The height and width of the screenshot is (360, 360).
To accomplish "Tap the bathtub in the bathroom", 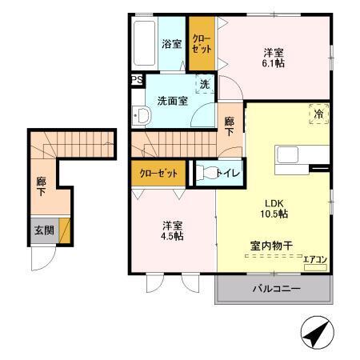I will coord(146,45).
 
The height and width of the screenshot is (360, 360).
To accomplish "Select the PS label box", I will coord(137,80).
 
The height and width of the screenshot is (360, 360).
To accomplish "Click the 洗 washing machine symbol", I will coord(206,84).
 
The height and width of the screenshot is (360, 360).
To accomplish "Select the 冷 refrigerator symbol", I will coord(318,114).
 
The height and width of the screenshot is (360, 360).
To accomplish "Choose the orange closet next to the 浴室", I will coord(202,45).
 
